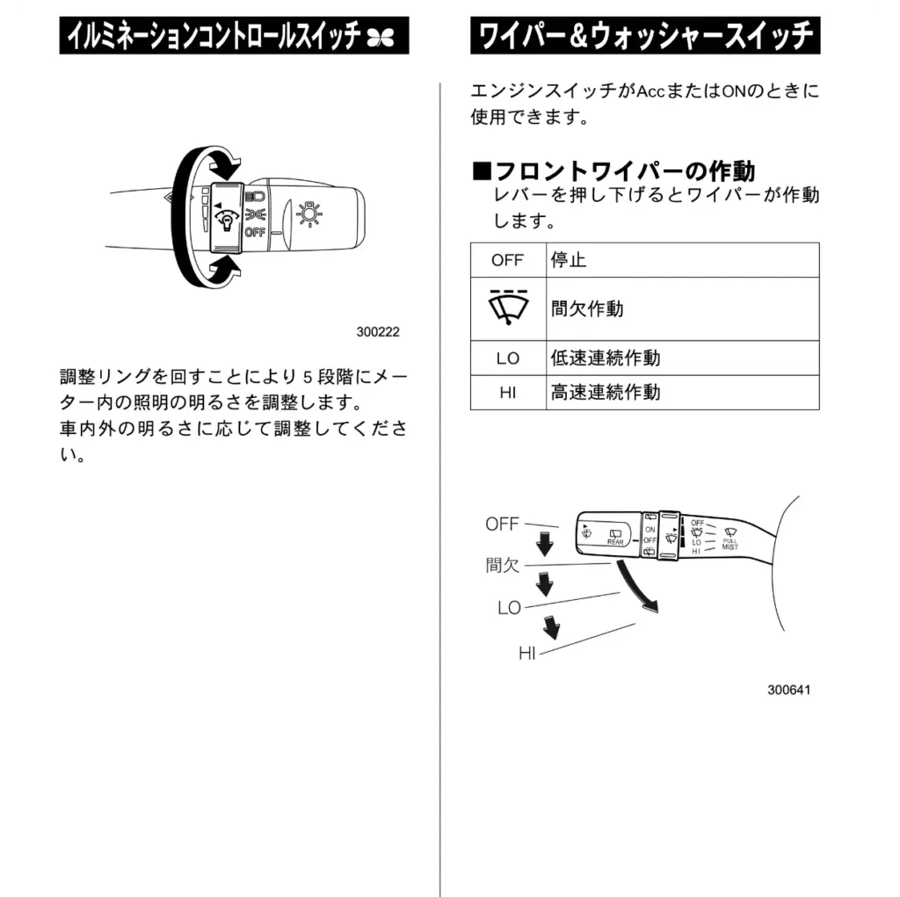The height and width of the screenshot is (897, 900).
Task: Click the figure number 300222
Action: [378, 333]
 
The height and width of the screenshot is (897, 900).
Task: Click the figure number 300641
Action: [788, 690]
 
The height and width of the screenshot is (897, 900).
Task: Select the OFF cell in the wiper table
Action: [507, 260]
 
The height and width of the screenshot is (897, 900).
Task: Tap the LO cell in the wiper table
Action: [507, 358]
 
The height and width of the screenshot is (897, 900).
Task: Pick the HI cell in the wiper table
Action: [507, 393]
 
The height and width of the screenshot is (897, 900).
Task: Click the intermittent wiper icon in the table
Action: [507, 307]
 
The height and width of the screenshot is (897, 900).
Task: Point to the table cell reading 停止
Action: [569, 260]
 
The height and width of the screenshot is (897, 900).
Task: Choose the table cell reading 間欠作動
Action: [586, 308]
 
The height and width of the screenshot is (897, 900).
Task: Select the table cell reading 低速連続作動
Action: [605, 358]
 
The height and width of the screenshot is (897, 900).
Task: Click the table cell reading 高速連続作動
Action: [605, 393]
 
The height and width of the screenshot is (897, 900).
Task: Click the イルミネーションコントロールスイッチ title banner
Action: [234, 36]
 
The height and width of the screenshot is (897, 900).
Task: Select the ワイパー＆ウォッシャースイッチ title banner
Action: [645, 36]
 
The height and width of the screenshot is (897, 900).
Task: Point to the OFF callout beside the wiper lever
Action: [502, 524]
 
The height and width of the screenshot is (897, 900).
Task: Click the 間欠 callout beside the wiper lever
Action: [503, 565]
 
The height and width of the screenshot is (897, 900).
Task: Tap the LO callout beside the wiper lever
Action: [509, 608]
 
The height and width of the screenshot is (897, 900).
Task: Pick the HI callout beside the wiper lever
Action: [527, 653]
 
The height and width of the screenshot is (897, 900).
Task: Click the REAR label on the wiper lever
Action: [615, 542]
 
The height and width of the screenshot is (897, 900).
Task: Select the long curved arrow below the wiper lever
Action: [636, 589]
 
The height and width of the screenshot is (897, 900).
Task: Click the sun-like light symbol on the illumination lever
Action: [309, 213]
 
